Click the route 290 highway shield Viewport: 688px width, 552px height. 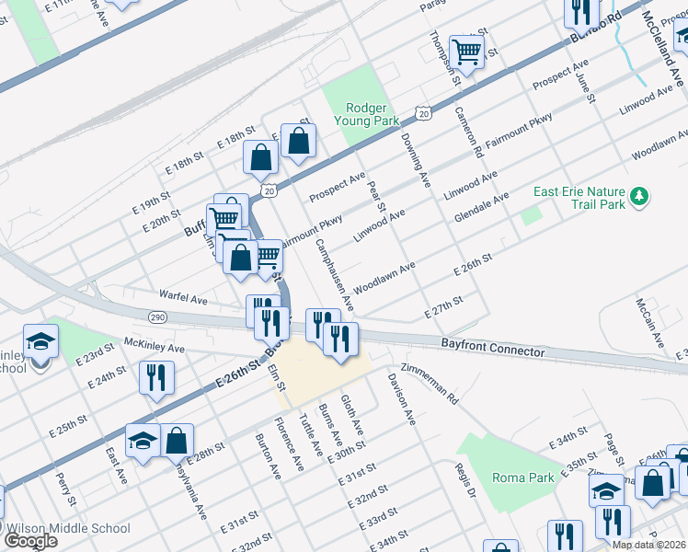pos(155,316)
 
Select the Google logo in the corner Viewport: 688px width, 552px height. pos(30,540)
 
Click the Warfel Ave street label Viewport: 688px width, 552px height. pos(183,299)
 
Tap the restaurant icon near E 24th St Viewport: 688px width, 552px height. pos(155,377)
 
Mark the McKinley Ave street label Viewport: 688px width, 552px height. pos(155,349)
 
